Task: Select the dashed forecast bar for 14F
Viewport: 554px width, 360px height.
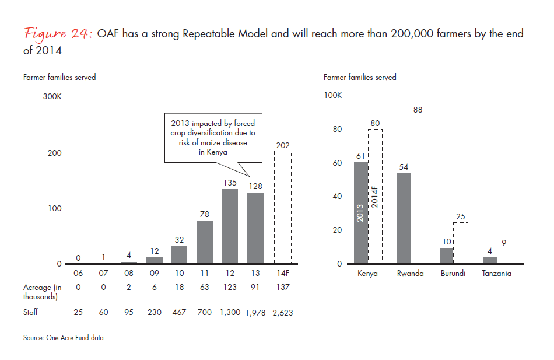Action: tap(283, 207)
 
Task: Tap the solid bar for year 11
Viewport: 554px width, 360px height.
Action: tap(204, 242)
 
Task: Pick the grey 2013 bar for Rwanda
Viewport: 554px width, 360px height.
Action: tap(404, 218)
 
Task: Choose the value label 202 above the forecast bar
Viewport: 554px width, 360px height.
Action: tap(283, 145)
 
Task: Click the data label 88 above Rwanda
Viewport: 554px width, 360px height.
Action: tap(418, 110)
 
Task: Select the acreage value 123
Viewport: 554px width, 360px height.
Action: tap(229, 287)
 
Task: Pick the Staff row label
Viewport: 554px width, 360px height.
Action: tap(31, 312)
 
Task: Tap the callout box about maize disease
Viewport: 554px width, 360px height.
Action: tap(213, 138)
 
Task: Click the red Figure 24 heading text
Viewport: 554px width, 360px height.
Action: tap(57, 34)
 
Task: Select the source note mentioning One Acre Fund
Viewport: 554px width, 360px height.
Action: tap(64, 338)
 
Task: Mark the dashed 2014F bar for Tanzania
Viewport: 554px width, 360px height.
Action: tap(504, 257)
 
